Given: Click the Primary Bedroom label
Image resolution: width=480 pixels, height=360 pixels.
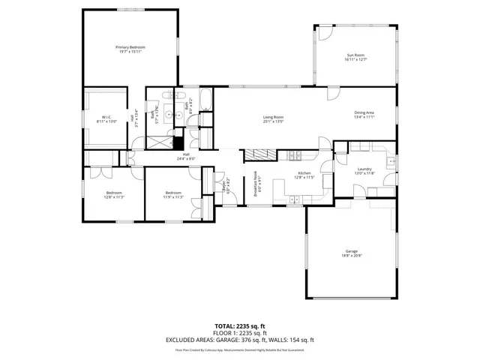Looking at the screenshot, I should (130, 47).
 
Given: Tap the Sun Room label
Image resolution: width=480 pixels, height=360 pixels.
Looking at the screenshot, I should (355, 55).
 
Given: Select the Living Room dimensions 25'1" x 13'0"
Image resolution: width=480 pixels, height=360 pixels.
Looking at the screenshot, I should (272, 121).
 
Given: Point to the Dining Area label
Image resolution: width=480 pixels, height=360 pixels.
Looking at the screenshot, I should (364, 113).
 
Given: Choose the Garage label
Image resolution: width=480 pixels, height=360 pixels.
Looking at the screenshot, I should (351, 250).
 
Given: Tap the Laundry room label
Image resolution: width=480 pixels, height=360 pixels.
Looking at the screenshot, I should (364, 169).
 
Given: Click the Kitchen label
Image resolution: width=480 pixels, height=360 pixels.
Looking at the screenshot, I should (304, 172).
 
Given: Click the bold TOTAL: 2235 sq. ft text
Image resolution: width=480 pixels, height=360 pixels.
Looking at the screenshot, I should (239, 327).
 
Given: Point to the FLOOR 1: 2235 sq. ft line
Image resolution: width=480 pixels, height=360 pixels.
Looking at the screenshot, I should (239, 334).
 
